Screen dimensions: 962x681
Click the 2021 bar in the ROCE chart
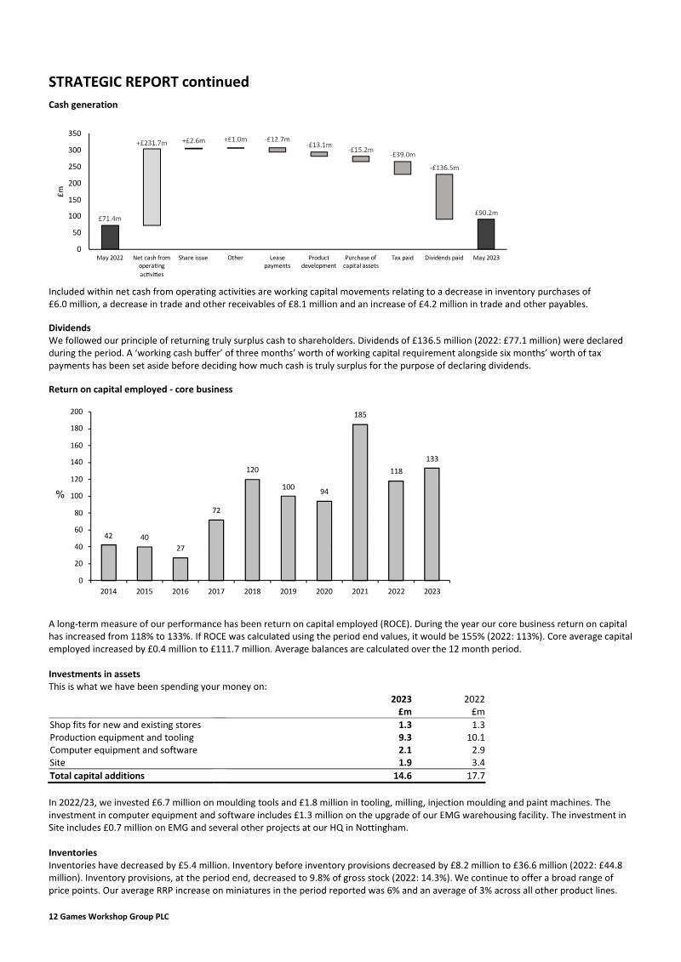coord(360,502)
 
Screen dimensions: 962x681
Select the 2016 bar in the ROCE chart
coord(180,569)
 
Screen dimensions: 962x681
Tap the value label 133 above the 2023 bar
coord(432,458)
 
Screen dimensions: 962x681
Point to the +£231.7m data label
coord(152,143)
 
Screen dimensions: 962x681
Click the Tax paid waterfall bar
coord(403,168)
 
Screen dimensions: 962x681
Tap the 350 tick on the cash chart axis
coord(74,134)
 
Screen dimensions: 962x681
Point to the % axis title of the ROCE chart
coord(61,496)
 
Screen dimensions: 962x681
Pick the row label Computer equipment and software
coord(123,750)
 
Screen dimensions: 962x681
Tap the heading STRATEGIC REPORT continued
coord(149,82)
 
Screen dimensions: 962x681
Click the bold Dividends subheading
coord(71,327)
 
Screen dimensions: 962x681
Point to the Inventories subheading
coord(73,852)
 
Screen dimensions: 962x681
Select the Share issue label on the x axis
coord(193,257)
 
